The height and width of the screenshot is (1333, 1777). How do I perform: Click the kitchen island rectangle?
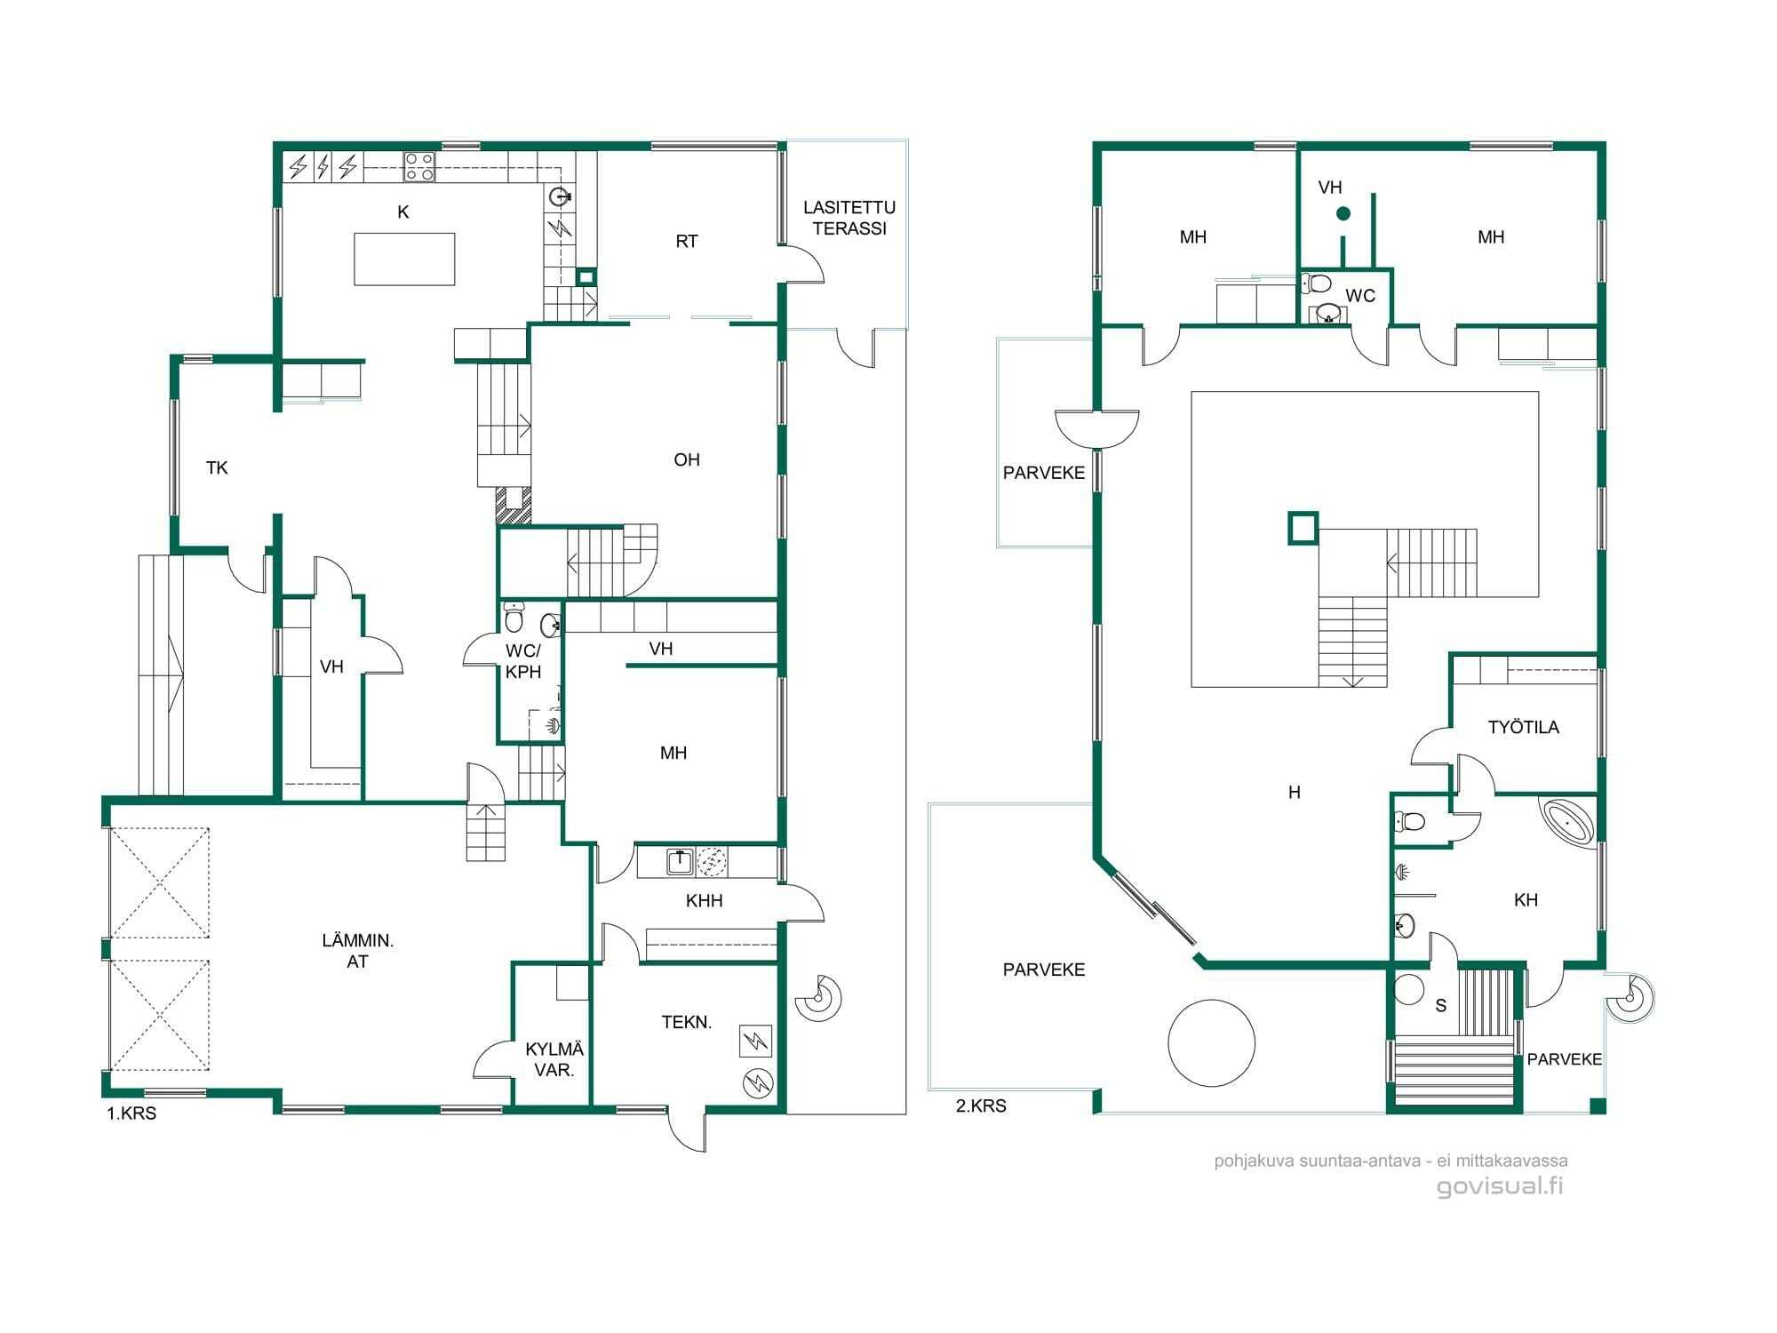(x=404, y=259)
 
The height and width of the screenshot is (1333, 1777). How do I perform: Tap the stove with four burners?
(x=419, y=166)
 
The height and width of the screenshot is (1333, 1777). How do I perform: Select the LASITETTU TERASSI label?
(x=849, y=218)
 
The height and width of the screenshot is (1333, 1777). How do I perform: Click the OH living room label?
(x=687, y=459)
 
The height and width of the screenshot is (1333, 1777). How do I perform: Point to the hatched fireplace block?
(x=513, y=505)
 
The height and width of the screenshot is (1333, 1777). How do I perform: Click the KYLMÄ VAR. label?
(x=554, y=1060)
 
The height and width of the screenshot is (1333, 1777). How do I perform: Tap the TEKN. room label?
(x=687, y=1022)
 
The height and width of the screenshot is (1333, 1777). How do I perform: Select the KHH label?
(x=705, y=900)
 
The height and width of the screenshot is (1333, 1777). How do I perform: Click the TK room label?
(x=217, y=467)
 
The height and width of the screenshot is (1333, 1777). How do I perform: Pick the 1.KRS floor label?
(x=131, y=1113)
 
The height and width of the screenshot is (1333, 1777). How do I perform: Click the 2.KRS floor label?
(x=981, y=1106)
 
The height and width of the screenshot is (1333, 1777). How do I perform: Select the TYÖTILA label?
(x=1524, y=727)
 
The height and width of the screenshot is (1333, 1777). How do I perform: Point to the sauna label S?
(x=1441, y=1005)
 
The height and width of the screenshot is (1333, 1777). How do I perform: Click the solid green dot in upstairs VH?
(x=1343, y=213)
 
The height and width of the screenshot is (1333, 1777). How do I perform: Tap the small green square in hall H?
(x=1303, y=528)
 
